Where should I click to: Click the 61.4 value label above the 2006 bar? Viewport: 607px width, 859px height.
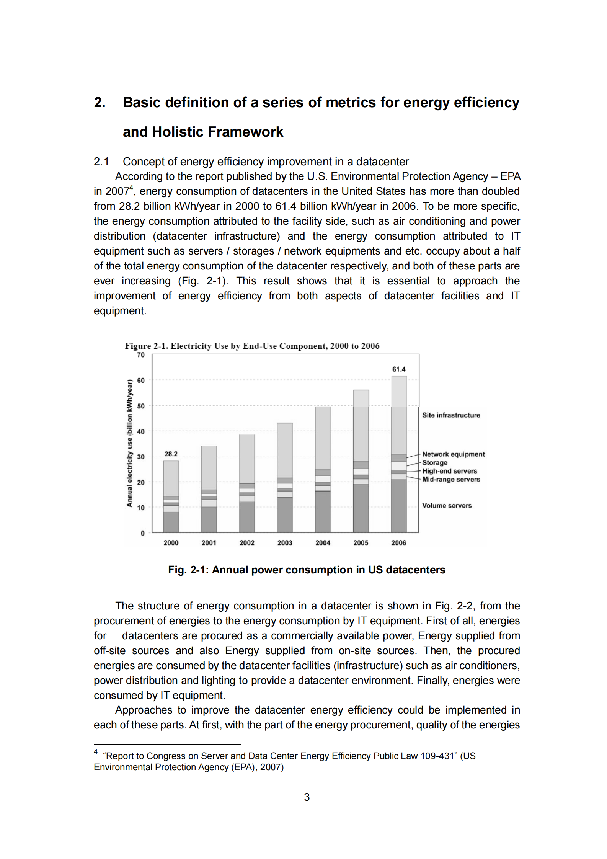(x=398, y=369)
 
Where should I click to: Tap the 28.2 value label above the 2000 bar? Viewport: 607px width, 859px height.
(x=171, y=454)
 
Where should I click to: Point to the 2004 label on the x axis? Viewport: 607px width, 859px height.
(x=323, y=543)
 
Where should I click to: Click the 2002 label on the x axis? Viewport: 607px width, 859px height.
(x=247, y=543)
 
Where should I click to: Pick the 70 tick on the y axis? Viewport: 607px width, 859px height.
(x=141, y=355)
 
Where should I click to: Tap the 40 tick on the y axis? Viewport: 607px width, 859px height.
(x=141, y=431)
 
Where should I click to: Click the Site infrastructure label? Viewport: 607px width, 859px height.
(x=451, y=415)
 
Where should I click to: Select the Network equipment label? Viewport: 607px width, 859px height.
(x=453, y=454)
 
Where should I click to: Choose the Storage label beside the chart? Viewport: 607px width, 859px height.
(x=435, y=463)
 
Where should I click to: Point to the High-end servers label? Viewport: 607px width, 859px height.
(x=449, y=471)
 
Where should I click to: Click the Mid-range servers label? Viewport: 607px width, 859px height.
(x=451, y=479)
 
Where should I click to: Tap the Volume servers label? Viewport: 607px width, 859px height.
(x=447, y=506)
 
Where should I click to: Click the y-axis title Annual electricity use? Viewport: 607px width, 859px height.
(x=129, y=443)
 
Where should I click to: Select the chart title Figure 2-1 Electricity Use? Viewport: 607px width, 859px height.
(x=252, y=346)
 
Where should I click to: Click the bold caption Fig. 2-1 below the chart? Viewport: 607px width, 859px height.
(x=307, y=570)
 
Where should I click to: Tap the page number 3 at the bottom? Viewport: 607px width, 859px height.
(x=307, y=797)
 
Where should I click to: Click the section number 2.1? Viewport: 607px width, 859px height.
(x=101, y=162)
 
